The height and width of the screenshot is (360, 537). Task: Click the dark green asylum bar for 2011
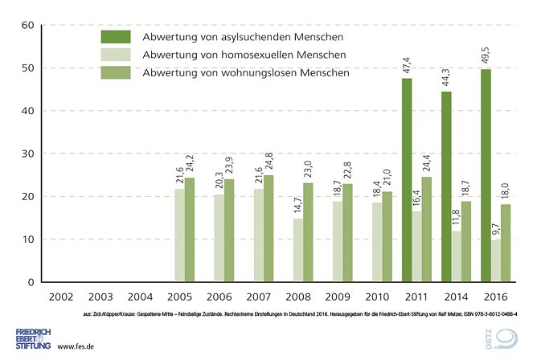[407, 180]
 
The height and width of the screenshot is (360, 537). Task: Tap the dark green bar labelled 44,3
[446, 186]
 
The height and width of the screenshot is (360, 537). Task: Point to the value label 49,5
[486, 55]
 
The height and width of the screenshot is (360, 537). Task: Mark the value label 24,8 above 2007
[268, 161]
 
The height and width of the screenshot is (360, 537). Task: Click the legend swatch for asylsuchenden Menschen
[116, 37]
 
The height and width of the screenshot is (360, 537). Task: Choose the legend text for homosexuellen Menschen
[244, 55]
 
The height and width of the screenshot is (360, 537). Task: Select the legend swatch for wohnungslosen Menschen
[116, 73]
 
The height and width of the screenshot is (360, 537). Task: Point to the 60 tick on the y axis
[26, 25]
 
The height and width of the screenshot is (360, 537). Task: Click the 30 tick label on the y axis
[26, 153]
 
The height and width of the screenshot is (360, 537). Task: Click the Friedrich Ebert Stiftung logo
[32, 337]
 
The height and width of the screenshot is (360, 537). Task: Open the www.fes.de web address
[77, 346]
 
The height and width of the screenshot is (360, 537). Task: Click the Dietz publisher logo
[505, 338]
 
